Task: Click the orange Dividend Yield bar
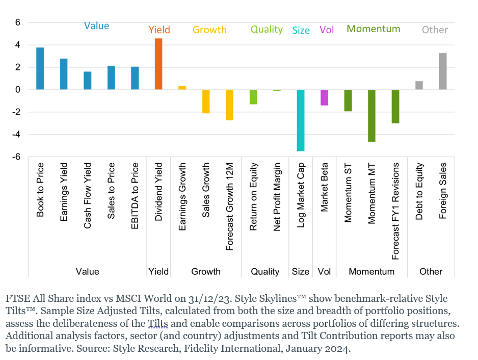158,64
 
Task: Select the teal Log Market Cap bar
301,120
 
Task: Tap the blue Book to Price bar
40,68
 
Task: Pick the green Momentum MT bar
371,116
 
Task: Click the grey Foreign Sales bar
443,71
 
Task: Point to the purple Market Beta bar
324,97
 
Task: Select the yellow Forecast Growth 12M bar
229,105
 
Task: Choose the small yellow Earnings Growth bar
182,88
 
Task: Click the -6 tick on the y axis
17,157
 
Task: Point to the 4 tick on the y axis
17,45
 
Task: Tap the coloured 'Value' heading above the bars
96,26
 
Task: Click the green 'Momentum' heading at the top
374,29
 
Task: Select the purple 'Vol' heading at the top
327,30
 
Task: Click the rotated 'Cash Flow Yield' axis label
88,195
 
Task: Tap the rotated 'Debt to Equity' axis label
419,192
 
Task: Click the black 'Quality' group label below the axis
265,272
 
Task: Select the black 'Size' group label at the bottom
301,272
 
